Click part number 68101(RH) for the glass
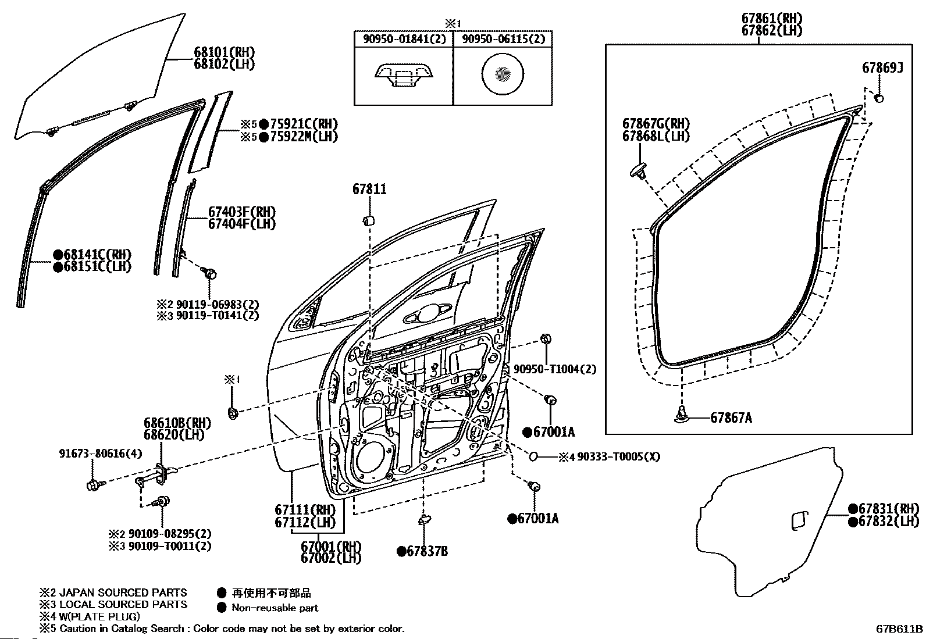click(225, 52)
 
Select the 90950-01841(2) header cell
click(404, 40)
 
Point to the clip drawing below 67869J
click(879, 98)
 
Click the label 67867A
click(731, 417)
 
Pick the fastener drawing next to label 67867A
click(681, 415)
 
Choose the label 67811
click(369, 189)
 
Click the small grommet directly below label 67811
click(368, 220)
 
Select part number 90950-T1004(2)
click(554, 369)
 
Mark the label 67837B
click(427, 551)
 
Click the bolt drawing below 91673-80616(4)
click(94, 484)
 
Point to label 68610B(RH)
click(177, 423)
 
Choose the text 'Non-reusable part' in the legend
click(275, 608)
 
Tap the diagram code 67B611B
click(899, 629)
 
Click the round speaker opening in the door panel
click(372, 459)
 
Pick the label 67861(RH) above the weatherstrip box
click(771, 17)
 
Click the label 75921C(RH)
click(303, 124)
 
